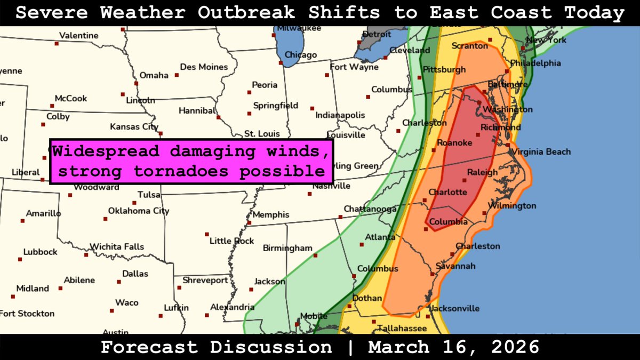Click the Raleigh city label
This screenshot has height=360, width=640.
click(482, 172)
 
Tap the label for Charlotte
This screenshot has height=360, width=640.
click(448, 192)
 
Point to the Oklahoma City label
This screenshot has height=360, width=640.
click(139, 211)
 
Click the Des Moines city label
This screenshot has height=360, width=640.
click(204, 67)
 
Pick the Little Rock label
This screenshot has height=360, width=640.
click(231, 241)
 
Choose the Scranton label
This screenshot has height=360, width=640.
click(469, 46)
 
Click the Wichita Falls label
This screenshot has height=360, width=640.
click(117, 247)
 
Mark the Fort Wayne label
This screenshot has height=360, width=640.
click(354, 67)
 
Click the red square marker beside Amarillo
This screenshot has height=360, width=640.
click(22, 220)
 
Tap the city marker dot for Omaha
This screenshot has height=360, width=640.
click(137, 83)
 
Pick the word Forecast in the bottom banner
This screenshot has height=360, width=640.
click(150, 347)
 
